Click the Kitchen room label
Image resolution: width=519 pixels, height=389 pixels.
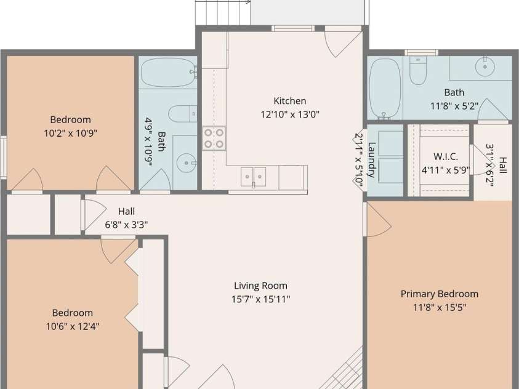tap(289, 101)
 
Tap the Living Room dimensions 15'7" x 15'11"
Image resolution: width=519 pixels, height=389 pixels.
tap(261, 299)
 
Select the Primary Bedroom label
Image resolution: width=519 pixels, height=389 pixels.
tap(439, 294)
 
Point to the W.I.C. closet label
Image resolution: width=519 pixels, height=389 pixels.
tap(446, 156)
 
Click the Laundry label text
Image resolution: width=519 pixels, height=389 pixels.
tap(372, 160)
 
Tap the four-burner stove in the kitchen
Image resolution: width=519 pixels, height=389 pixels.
tap(214, 138)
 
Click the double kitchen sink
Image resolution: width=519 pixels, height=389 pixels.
tap(254, 177)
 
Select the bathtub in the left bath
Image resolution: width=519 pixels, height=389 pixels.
tap(168, 73)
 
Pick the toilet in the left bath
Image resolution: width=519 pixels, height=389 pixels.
tap(183, 114)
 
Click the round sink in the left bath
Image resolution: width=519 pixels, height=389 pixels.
tap(186, 162)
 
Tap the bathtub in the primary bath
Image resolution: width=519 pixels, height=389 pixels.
tap(385, 89)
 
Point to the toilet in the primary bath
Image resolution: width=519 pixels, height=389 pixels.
tap(417, 70)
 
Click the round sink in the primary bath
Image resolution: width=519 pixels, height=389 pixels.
tap(485, 67)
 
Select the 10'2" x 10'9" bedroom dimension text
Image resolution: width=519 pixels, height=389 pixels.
tap(71, 134)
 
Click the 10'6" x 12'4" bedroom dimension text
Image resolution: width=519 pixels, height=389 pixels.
tap(73, 327)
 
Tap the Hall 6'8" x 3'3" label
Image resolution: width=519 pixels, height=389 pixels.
tap(126, 218)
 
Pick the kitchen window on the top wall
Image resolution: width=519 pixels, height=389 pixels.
tap(293, 28)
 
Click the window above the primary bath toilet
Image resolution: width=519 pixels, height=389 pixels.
tap(421, 52)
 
